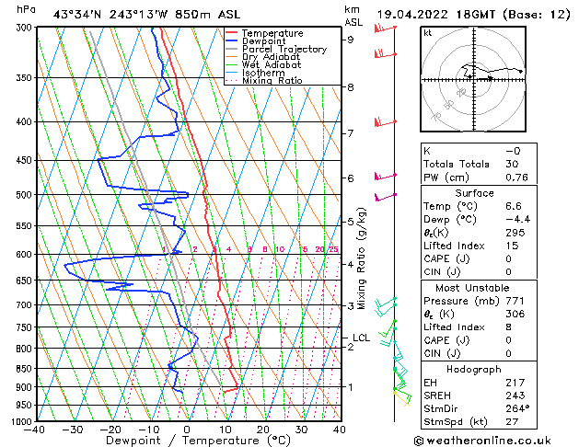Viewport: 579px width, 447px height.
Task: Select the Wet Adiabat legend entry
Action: point(272,65)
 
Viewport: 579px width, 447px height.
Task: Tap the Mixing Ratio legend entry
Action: point(272,81)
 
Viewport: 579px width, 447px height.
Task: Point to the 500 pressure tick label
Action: point(25,195)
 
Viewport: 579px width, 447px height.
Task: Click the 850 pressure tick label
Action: point(25,368)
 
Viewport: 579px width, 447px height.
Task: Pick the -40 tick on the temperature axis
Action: point(35,430)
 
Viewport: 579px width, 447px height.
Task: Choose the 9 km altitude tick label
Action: point(351,40)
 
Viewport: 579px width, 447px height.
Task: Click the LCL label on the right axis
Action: point(361,338)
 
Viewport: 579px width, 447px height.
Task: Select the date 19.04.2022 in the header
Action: point(417,14)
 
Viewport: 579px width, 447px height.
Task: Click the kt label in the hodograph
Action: point(427,32)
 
